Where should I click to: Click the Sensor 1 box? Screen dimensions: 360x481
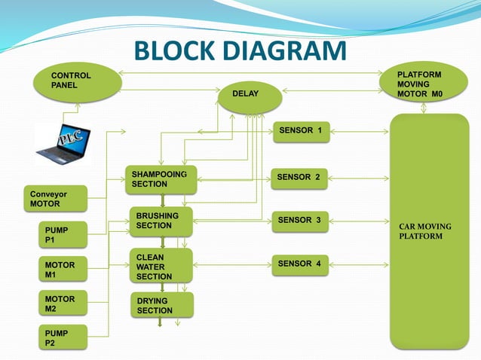pyautogui.click(x=300, y=131)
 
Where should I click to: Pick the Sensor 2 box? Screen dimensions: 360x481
pyautogui.click(x=299, y=178)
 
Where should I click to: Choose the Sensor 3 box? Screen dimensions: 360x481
pyautogui.click(x=299, y=221)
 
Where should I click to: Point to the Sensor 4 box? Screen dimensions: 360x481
pyautogui.click(x=299, y=264)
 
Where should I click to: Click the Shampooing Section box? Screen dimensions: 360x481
pyautogui.click(x=159, y=179)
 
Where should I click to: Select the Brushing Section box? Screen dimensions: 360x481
pyautogui.click(x=160, y=221)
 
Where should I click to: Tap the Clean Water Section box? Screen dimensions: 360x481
pyautogui.click(x=160, y=267)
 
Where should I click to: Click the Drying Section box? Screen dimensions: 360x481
pyautogui.click(x=161, y=305)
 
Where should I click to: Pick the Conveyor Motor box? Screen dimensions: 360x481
pyautogui.click(x=56, y=199)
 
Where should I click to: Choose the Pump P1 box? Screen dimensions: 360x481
pyautogui.click(x=63, y=234)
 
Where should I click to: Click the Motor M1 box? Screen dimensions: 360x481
pyautogui.click(x=63, y=270)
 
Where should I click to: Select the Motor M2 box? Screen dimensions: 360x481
pyautogui.click(x=63, y=304)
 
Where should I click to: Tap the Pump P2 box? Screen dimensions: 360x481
pyautogui.click(x=63, y=337)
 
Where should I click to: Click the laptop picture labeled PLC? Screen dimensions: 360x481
pyautogui.click(x=63, y=143)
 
